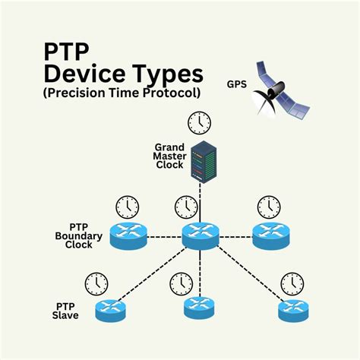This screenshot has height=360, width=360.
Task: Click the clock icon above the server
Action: (201, 122)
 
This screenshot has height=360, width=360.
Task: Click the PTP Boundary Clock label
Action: (74, 235)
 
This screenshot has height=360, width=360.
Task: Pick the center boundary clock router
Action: (201, 236)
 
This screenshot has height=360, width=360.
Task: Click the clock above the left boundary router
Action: (127, 207)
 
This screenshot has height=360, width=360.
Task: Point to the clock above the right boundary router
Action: (268, 207)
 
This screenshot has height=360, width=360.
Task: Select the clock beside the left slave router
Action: (96, 284)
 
